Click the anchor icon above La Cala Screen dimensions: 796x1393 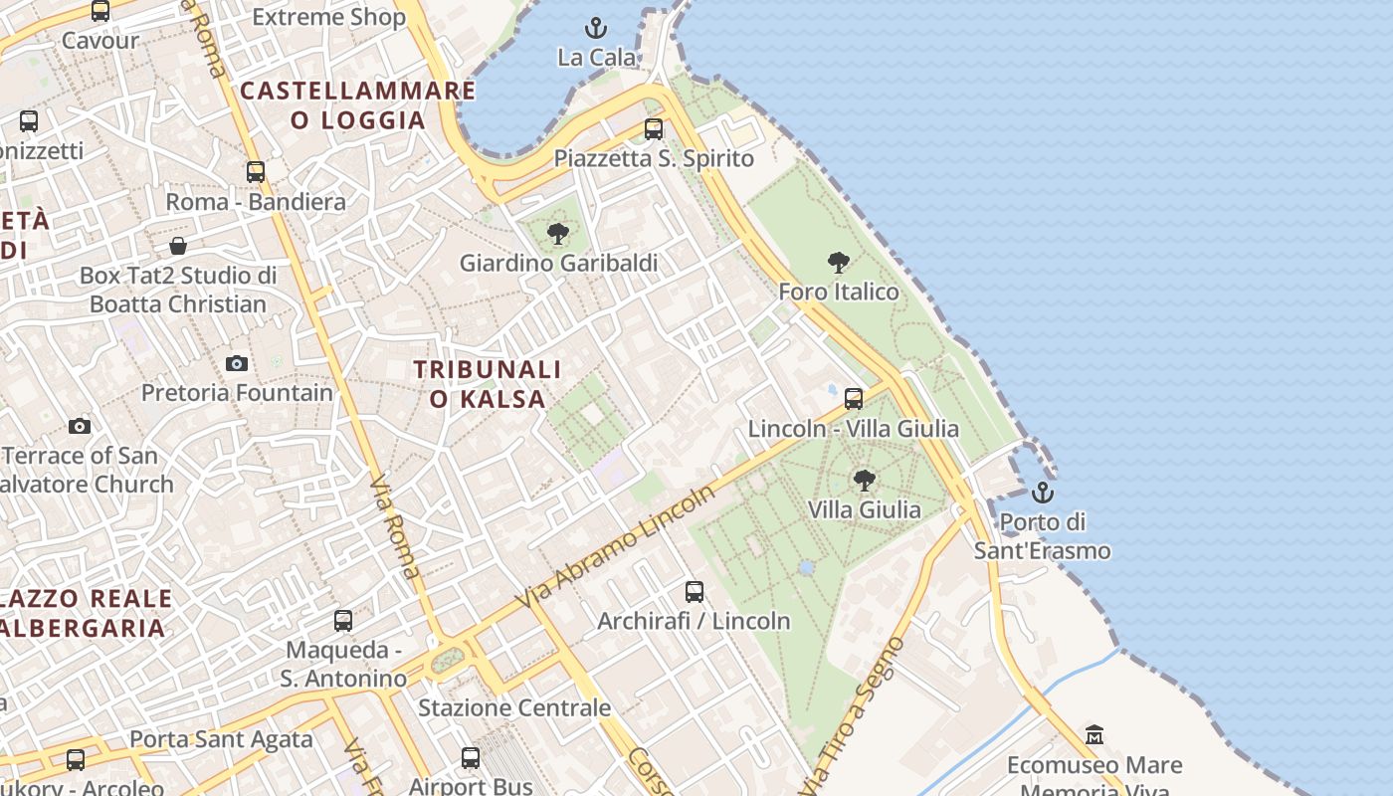596,27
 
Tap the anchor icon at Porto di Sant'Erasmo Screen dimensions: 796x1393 1042,493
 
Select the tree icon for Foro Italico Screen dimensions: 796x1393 839,263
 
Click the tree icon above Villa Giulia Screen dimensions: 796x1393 865,481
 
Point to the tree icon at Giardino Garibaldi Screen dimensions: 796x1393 558,234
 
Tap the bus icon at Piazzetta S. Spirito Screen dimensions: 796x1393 653,128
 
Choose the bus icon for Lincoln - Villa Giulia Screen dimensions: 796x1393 853,399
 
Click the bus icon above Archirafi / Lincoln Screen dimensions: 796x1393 695,592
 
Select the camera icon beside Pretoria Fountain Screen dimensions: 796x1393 237,363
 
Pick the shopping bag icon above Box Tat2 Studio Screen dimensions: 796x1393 178,245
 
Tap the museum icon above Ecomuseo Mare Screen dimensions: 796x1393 1094,735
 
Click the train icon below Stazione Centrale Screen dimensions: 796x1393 471,758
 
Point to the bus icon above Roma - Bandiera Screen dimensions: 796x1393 256,171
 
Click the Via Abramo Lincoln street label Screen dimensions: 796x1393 616,547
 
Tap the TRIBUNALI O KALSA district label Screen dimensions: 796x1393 488,384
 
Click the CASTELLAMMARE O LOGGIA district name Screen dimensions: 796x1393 358,105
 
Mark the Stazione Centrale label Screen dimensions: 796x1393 514,708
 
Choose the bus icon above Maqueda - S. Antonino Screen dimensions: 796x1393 343,621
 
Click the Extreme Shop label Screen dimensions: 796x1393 328,17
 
